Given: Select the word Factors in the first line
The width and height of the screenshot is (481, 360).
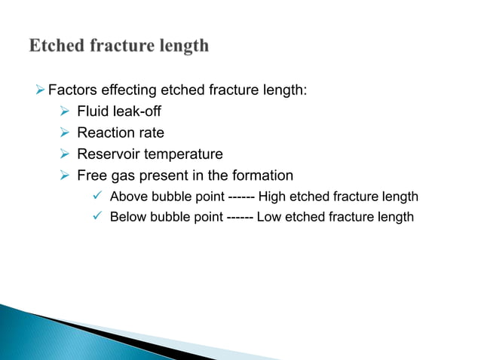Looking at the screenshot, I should pyautogui.click(x=70, y=91).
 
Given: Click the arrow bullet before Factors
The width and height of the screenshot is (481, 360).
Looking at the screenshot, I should pyautogui.click(x=41, y=91).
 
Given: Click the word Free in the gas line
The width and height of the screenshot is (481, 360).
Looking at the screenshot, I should pyautogui.click(x=92, y=175).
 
